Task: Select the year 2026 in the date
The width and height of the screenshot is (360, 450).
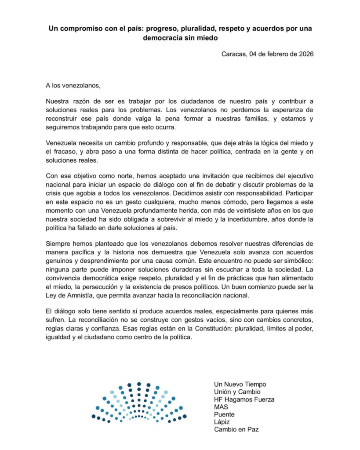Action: pos(305,54)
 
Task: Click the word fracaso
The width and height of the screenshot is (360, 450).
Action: pos(66,152)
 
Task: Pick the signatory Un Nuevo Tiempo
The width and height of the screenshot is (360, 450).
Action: pos(240,384)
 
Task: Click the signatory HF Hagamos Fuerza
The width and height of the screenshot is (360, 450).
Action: pos(244,399)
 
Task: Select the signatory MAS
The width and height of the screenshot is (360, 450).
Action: pos(221,407)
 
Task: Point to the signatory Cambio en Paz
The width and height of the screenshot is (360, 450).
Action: pos(236,429)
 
